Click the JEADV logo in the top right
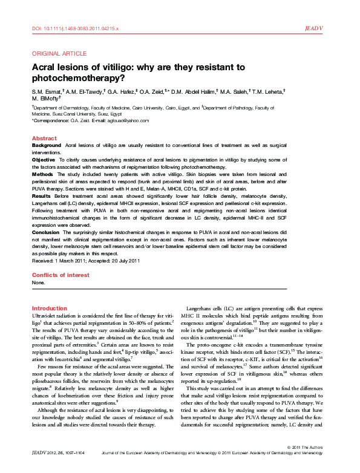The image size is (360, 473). click(316, 28)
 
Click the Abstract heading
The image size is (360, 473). click(44, 139)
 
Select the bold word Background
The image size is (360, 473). click(46, 146)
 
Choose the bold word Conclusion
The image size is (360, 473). click(47, 232)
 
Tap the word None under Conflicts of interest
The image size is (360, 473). click(38, 282)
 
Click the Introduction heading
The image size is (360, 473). click(49, 308)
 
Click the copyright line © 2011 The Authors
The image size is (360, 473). click(307, 463)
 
